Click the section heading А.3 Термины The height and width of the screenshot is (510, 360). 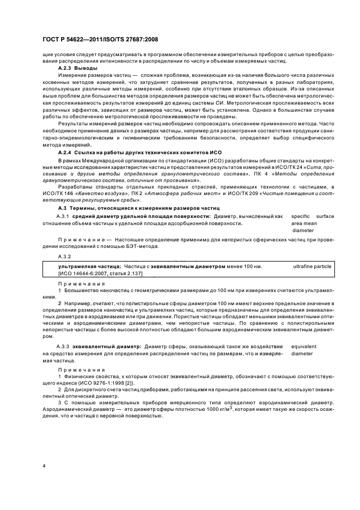coord(138,208)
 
